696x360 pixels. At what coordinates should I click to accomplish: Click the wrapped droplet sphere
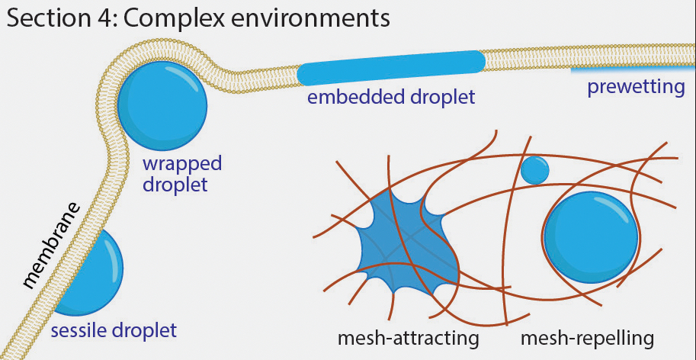click(x=162, y=107)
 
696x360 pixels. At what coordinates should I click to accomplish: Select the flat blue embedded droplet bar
click(x=390, y=67)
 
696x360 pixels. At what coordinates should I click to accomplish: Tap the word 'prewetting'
click(x=636, y=88)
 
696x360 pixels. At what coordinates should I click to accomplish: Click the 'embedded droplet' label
click(x=390, y=98)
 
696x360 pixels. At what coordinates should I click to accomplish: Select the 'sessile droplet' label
click(x=114, y=331)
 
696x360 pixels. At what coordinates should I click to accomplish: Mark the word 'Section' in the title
click(x=47, y=18)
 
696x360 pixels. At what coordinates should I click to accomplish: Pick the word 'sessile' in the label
click(x=79, y=331)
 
